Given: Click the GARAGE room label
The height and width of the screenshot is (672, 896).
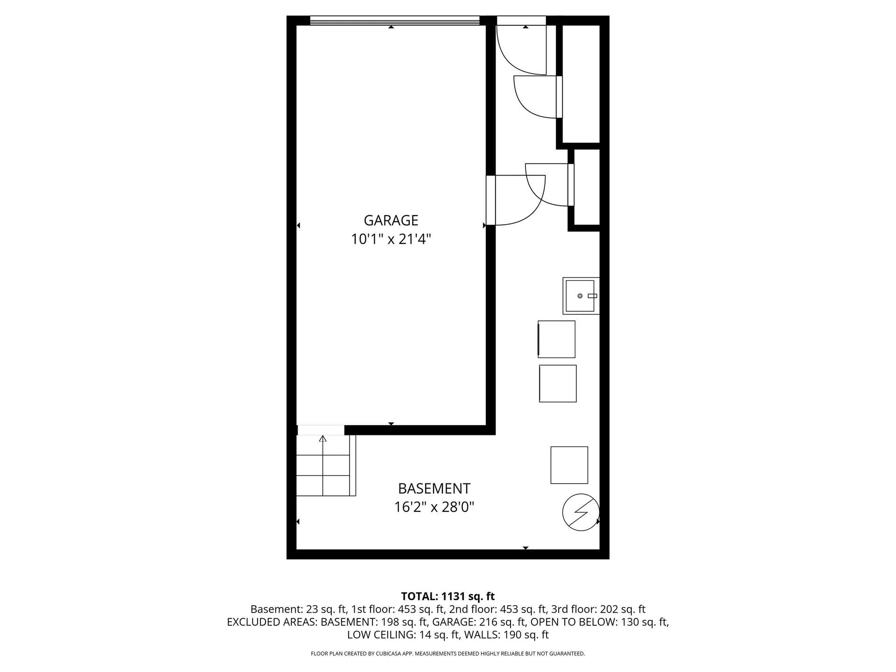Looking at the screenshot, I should coord(391,220).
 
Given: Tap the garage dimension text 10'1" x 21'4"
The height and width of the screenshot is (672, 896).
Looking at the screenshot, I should coord(391,239).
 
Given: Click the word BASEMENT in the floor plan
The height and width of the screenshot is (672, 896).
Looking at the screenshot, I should coord(434,489).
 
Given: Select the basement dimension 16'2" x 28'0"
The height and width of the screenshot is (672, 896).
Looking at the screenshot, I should coord(434,507).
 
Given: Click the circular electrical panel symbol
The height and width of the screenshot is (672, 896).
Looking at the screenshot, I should coord(581,512).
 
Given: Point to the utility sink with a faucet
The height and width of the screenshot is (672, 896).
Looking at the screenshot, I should coord(580,296).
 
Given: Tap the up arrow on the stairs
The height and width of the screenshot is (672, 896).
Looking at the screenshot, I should coord(322,439).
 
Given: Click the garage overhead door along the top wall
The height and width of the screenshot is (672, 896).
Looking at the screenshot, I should coord(394,21).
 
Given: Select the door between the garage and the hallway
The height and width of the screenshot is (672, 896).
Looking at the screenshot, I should coord(491,200).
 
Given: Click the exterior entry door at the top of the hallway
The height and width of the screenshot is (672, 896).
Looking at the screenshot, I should coord(521,21).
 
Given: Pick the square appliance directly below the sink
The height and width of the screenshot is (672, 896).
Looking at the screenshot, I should coord(556,339).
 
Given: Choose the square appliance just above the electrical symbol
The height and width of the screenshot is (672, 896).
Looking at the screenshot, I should coord(569,465).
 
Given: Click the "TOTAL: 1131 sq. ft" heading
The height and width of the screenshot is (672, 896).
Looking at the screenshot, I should coord(448,596).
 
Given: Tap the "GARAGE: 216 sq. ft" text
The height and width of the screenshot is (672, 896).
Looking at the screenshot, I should coord(479,622).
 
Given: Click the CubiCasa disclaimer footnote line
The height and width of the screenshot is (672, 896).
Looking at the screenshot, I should coord(448,654).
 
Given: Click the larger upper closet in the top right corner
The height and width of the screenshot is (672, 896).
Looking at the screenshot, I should coord(581,84).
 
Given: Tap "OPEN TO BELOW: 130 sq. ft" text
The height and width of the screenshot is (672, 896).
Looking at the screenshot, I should coord(599,622).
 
